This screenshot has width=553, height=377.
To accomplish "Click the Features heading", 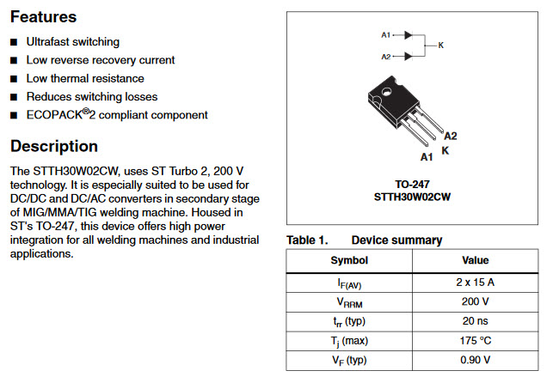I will tap(43, 16).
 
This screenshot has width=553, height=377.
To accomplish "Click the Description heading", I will tap(53, 146).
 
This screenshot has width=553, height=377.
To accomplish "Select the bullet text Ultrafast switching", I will tap(73, 42).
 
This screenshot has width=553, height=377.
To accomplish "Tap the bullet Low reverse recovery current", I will tap(101, 60).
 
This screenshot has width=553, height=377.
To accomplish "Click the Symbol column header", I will tap(349, 260).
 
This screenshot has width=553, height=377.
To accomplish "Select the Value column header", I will tap(475, 260).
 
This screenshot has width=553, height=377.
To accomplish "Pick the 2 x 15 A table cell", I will tap(475, 281).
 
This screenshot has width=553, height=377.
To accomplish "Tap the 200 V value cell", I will tap(475, 301).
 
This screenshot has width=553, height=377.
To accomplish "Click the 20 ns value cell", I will tap(475, 321).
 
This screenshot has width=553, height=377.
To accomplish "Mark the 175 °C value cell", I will tap(475, 341).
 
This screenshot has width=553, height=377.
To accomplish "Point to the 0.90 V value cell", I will tap(475, 360).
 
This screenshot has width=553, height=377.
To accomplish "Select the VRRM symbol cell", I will tap(349, 302).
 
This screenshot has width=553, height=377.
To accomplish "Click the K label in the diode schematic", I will tap(441, 46).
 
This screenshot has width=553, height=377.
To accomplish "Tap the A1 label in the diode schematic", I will tap(385, 35).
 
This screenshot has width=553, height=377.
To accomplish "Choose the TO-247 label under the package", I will tap(412, 184).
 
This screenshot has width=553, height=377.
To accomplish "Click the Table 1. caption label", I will tap(307, 240).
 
